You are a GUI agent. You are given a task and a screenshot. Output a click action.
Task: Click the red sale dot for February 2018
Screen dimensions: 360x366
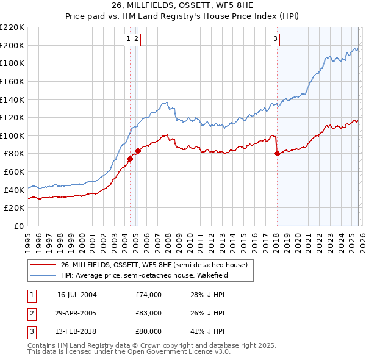tap(277, 154)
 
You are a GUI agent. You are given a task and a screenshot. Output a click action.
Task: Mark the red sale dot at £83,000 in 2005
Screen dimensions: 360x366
tap(138, 151)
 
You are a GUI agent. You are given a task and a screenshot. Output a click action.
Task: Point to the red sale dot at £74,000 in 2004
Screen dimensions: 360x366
tap(130, 159)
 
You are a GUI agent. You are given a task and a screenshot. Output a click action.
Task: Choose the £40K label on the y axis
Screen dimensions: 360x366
tap(14, 190)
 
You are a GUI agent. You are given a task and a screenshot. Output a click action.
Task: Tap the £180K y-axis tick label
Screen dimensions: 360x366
tap(12, 63)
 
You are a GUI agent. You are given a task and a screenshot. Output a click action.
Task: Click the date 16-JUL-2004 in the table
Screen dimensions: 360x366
tap(77, 294)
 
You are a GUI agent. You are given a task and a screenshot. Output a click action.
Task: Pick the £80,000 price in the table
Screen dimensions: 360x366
tap(149, 331)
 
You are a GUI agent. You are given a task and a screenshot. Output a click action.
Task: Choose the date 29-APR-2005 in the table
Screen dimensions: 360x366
tap(77, 313)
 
